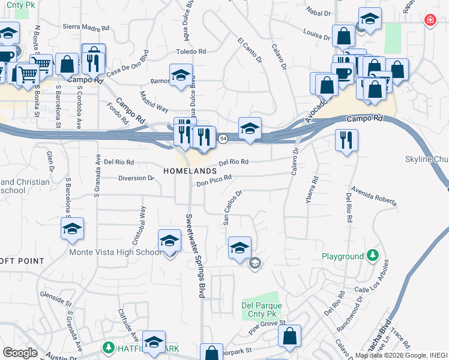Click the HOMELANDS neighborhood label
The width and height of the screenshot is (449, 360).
189,171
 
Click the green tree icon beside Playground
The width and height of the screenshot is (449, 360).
373,256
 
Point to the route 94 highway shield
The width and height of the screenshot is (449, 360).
223,139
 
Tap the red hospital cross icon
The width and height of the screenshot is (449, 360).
430,20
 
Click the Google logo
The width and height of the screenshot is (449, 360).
20,352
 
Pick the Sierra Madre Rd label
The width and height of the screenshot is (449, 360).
86,28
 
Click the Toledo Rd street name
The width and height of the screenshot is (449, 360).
191,52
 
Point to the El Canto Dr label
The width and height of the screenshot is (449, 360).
250,50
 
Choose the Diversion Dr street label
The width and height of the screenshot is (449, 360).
136,178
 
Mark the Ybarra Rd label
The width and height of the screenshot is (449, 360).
313,187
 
